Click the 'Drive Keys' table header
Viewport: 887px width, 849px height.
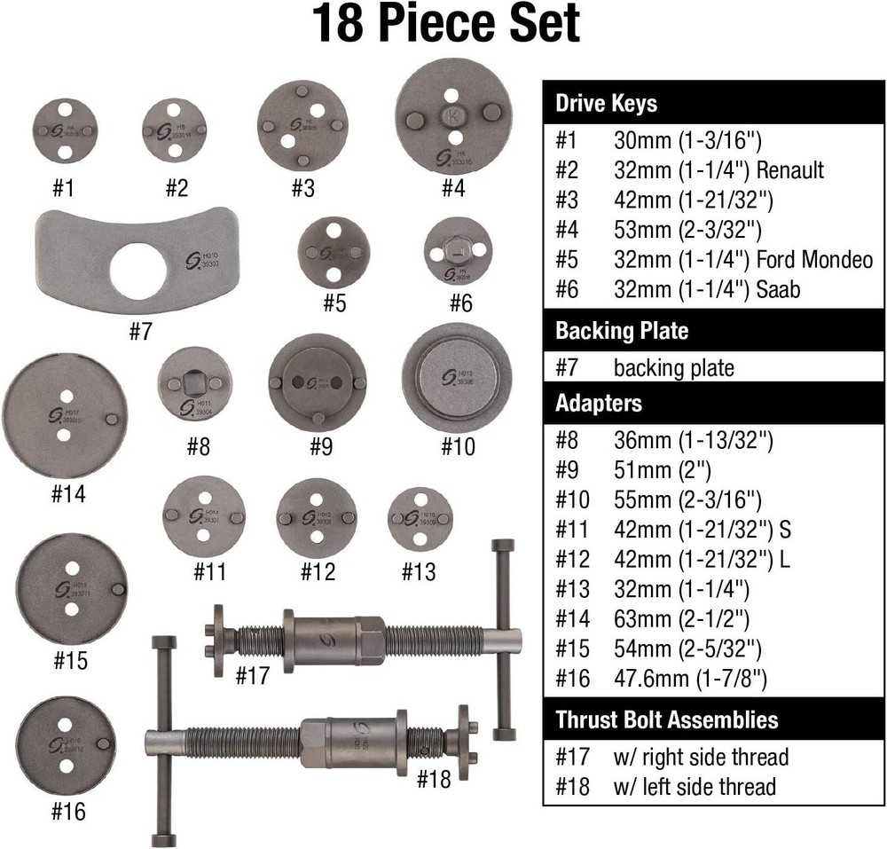pyautogui.click(x=606, y=104)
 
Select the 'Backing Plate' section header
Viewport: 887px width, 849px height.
pyautogui.click(x=622, y=331)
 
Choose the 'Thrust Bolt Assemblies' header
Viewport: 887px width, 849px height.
pyautogui.click(x=666, y=719)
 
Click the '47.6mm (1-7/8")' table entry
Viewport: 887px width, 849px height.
pyautogui.click(x=690, y=680)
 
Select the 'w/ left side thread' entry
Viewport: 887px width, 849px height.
pyautogui.click(x=695, y=786)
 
